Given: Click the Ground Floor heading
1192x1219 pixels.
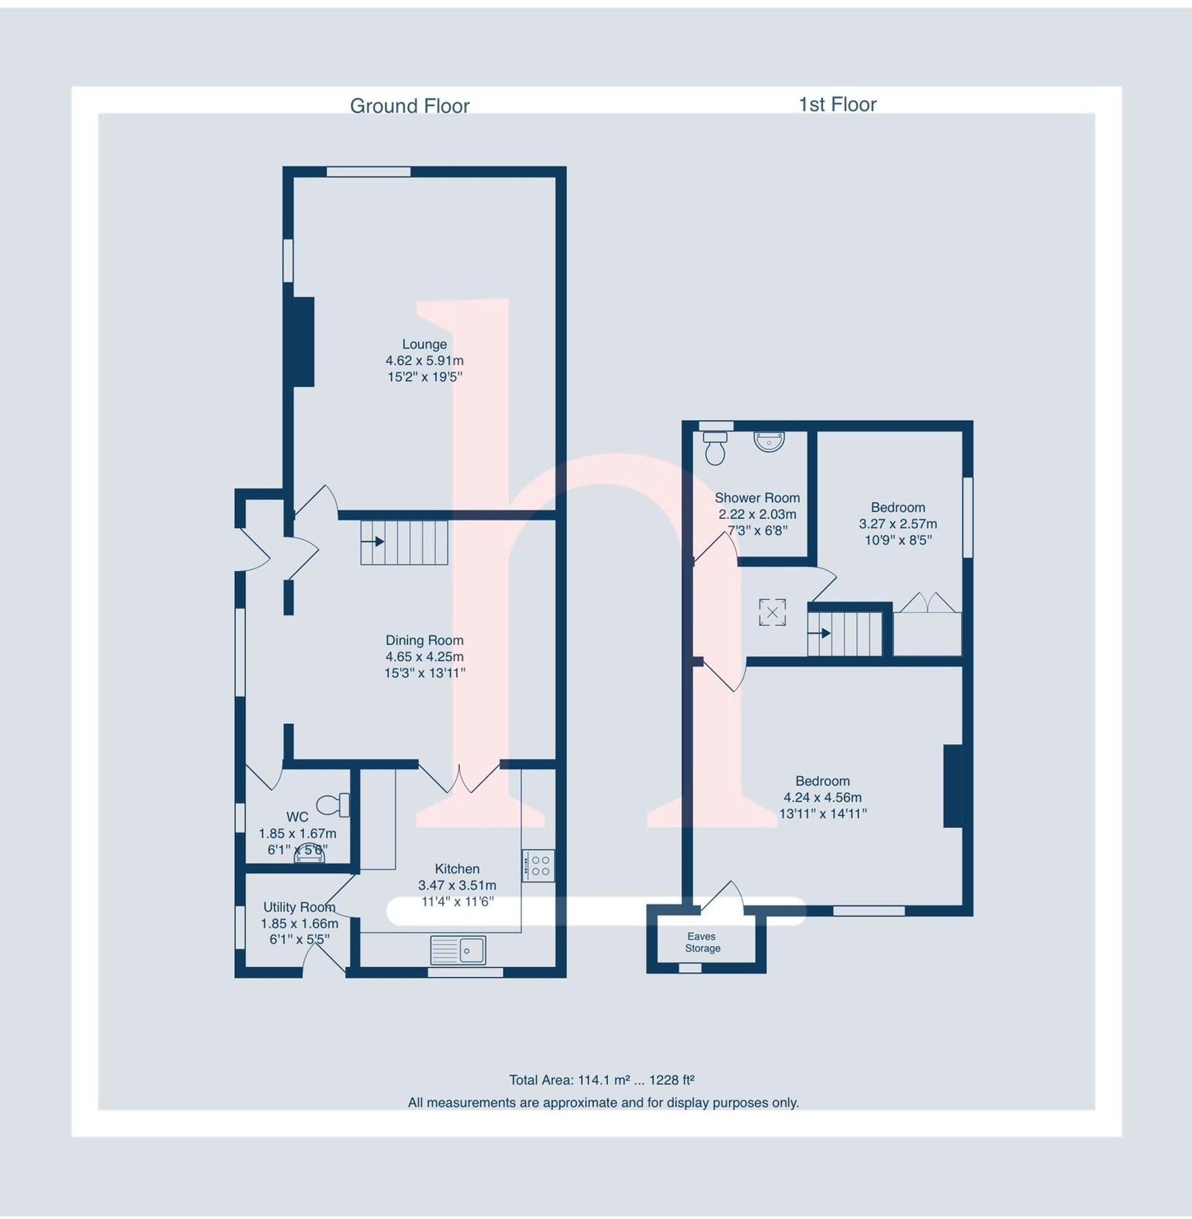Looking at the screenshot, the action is click(409, 106).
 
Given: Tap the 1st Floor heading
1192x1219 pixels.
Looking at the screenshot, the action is click(837, 104).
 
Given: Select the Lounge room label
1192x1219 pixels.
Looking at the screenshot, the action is click(424, 344).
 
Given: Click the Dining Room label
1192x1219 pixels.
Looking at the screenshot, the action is click(424, 640).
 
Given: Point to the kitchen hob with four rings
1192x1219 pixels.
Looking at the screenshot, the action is click(538, 866).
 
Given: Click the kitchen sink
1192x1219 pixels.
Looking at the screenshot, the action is click(458, 950).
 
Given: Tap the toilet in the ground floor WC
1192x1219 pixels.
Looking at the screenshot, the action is click(333, 805).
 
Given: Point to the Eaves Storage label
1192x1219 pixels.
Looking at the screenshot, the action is click(702, 942).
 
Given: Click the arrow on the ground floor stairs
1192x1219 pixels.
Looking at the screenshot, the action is click(376, 541).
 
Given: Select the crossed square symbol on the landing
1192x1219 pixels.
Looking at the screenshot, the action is click(772, 612).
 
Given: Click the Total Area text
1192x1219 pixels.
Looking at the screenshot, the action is click(601, 1080).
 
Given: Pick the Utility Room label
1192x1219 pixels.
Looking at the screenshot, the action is click(299, 907).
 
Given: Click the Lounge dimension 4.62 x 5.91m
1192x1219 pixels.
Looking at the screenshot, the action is click(424, 361).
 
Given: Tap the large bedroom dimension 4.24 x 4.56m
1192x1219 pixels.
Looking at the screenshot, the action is click(822, 798).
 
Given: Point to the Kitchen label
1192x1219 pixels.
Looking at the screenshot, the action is click(457, 869).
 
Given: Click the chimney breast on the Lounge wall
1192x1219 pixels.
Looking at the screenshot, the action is click(303, 342).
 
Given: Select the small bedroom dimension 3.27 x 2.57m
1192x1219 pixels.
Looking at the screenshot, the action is click(897, 523).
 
